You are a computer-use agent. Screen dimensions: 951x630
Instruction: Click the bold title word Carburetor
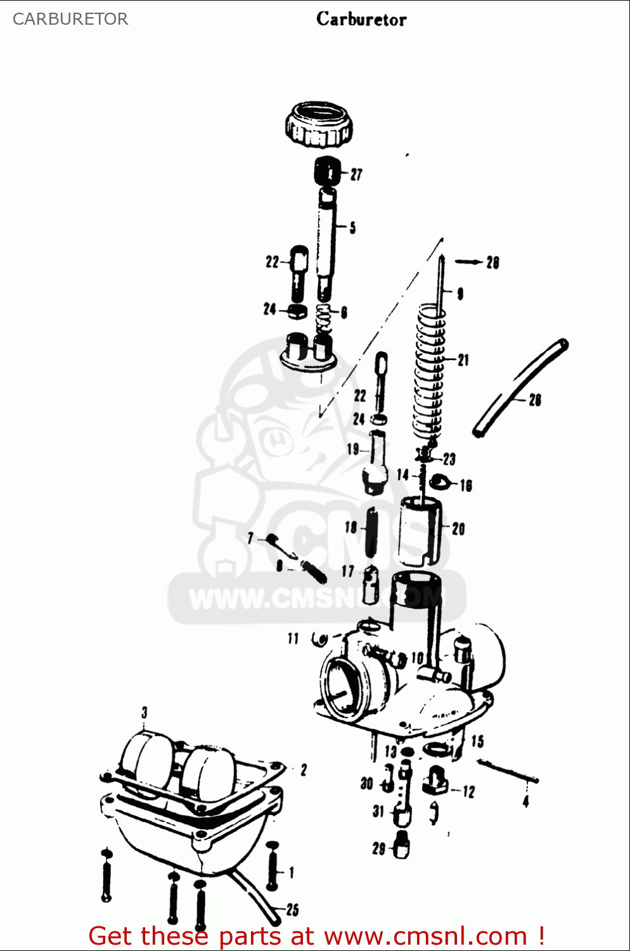tap(361, 19)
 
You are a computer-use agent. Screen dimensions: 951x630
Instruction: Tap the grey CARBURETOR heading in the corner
tap(70, 19)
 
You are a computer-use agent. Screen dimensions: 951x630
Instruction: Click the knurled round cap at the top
tap(318, 124)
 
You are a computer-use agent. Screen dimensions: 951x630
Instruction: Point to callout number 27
tap(356, 174)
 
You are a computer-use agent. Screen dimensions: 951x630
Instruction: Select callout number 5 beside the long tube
tap(352, 227)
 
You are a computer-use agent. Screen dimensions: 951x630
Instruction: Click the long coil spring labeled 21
tap(430, 374)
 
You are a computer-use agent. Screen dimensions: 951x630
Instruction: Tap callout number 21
tap(463, 360)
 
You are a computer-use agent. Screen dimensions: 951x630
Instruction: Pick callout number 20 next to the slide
tap(458, 528)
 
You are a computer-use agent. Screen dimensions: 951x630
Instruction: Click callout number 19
tap(353, 449)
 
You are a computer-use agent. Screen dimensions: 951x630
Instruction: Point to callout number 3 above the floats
tap(145, 712)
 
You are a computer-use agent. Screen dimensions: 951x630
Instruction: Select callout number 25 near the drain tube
tap(292, 909)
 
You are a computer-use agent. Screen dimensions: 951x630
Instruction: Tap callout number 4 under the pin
tap(525, 802)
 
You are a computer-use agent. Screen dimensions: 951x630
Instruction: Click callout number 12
tap(468, 791)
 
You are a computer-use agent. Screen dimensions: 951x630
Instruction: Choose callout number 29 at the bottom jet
tap(379, 848)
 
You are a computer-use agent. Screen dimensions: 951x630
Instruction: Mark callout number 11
tap(293, 638)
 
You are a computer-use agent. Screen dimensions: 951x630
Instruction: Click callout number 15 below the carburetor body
tap(477, 741)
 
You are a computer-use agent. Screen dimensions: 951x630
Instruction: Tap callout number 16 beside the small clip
tap(466, 486)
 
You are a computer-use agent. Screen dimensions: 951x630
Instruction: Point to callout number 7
tap(250, 538)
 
